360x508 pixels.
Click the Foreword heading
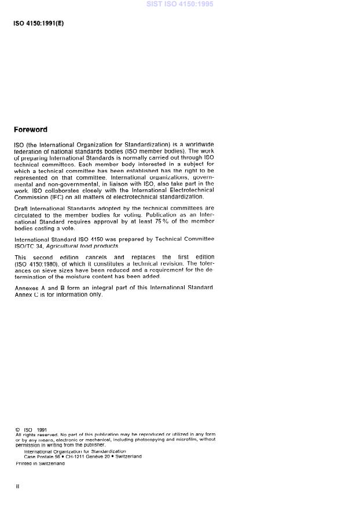[x=30, y=130]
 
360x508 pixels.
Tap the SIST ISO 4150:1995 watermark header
[x=180, y=5]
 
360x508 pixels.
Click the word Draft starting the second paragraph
[x=21, y=208]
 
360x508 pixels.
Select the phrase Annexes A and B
[x=38, y=288]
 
